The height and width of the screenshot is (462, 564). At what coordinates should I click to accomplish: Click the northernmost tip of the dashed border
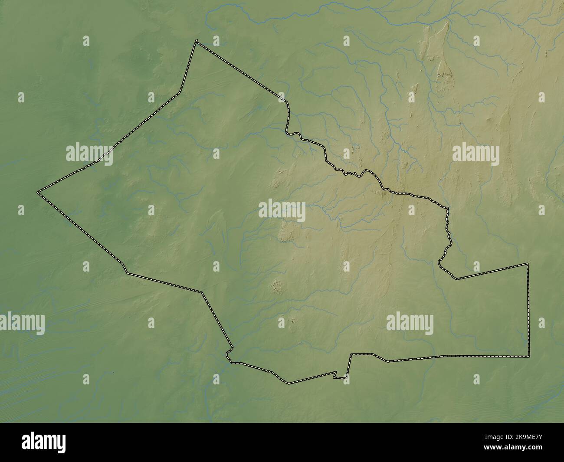coord(196,41)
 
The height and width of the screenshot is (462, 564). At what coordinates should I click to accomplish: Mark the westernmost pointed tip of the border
coord(38,191)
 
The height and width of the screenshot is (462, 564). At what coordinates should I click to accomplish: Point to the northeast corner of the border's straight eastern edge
coord(528,264)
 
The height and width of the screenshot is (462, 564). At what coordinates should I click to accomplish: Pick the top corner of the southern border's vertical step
coord(351,354)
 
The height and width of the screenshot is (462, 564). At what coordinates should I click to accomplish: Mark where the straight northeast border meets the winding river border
coord(286,103)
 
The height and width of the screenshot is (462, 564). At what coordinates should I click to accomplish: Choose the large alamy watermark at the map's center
coord(282,211)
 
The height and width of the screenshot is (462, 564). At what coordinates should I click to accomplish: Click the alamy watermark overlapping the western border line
coord(89,154)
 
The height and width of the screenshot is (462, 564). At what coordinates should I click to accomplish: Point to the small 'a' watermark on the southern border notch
coord(346,378)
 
